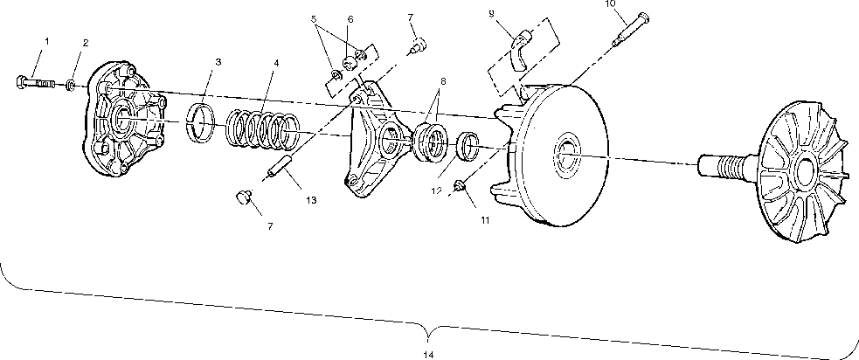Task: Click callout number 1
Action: pos(46,41)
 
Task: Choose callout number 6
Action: pos(350,19)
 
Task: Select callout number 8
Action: pos(443,81)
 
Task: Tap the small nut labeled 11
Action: pos(461,186)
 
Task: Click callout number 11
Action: pos(484,220)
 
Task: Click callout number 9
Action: pos(491,13)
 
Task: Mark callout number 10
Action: pos(609,3)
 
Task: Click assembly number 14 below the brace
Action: pos(428,354)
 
